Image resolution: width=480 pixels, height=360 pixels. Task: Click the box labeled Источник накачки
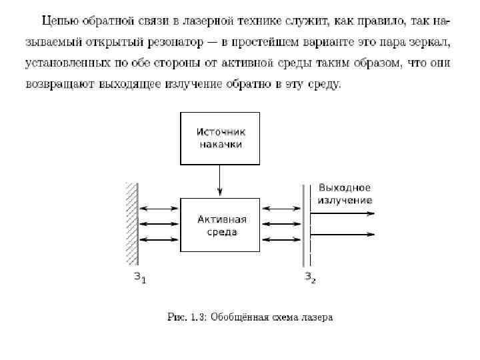point(219,137)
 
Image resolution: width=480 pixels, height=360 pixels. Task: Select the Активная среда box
point(219,225)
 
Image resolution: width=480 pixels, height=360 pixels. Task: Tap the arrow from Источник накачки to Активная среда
point(219,180)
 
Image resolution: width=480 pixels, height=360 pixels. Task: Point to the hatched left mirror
point(132,225)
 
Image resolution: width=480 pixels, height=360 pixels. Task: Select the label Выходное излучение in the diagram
point(345,194)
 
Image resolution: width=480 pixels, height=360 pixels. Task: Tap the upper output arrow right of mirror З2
point(343,214)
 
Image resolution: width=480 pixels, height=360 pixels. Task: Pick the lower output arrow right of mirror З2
point(343,235)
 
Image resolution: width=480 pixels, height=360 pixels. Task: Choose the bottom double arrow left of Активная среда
point(160,239)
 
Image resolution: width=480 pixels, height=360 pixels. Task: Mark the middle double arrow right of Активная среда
point(283,225)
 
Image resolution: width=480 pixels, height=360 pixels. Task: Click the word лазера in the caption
point(317,317)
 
